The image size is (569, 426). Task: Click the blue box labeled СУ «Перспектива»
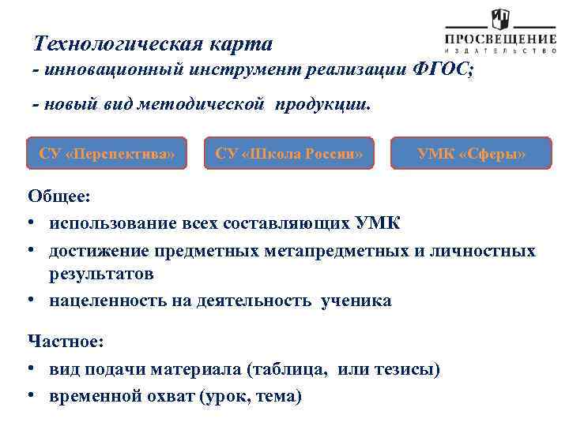click(107, 153)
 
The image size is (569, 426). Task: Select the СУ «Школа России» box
click(288, 153)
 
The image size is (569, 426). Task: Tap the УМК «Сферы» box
click(471, 153)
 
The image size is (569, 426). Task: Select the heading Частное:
click(66, 341)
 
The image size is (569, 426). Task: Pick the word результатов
click(100, 275)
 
